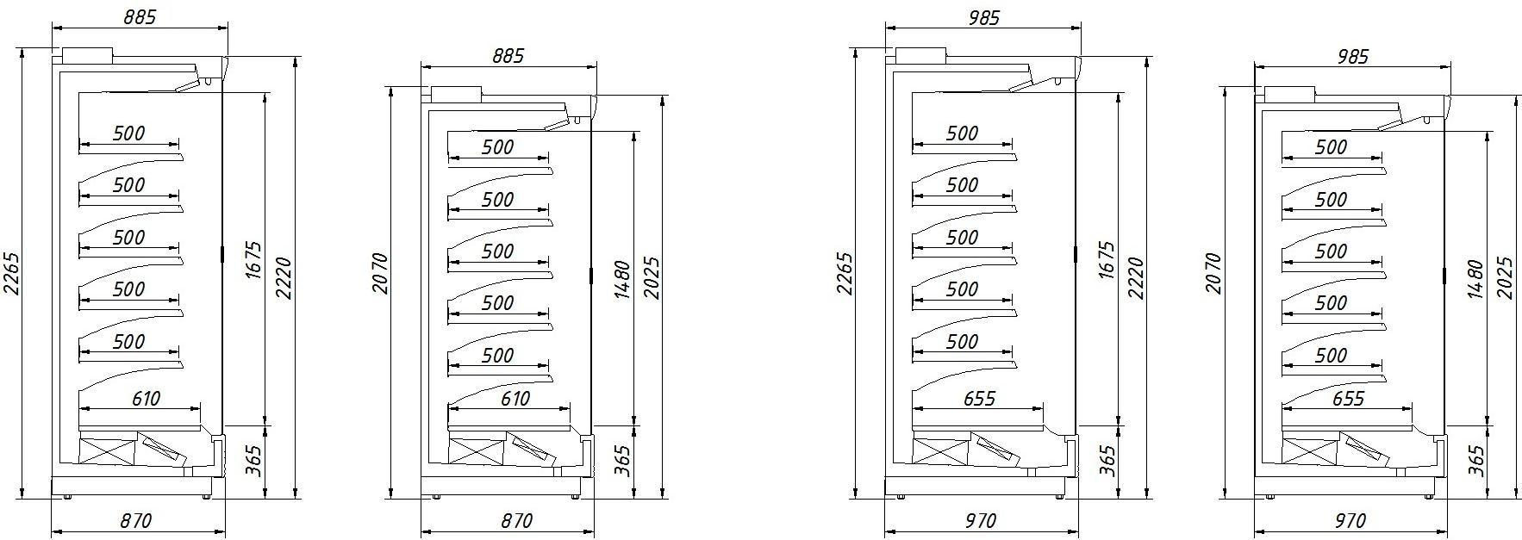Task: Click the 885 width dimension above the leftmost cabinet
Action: (140, 17)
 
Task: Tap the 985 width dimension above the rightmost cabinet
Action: (1351, 56)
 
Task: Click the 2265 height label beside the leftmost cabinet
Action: (11, 273)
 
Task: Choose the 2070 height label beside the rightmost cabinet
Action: (1213, 273)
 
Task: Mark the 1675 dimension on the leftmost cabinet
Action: (255, 260)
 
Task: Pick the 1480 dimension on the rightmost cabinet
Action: (1476, 279)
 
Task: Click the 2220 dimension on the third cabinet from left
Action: (1137, 277)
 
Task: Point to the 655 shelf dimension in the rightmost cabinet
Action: (1348, 399)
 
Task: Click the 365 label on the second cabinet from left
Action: (624, 461)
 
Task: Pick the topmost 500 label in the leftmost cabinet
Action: (128, 133)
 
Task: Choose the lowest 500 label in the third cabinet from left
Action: (962, 342)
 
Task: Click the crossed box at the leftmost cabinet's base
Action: (106, 450)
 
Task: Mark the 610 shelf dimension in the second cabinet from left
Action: (515, 399)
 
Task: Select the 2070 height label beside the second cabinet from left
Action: (380, 273)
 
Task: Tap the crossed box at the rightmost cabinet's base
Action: (1310, 450)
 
